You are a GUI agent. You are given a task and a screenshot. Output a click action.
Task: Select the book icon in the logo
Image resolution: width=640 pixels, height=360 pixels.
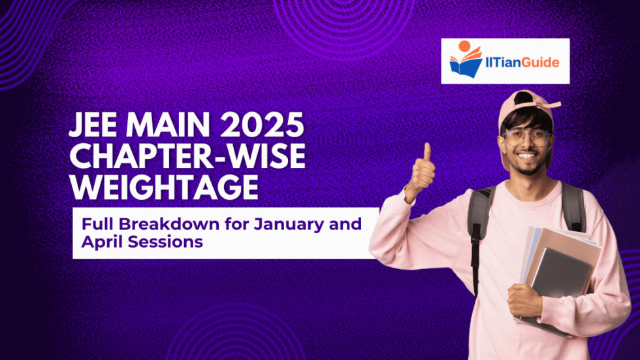tap(466, 64)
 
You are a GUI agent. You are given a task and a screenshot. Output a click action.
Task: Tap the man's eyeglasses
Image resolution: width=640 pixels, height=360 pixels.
tap(528, 138)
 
